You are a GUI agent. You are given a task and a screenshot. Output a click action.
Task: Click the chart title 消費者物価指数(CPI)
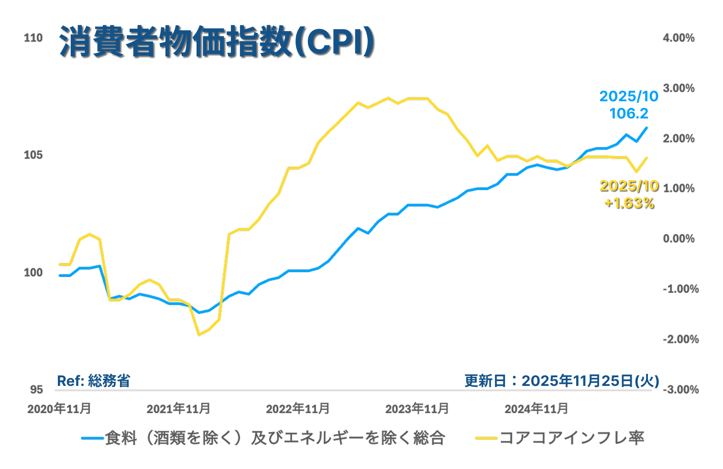tap(216, 42)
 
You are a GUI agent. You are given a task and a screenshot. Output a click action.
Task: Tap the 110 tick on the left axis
tap(33, 38)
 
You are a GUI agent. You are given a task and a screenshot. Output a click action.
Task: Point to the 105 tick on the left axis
tap(33, 155)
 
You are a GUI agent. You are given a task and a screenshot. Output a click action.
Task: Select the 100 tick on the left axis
tap(33, 272)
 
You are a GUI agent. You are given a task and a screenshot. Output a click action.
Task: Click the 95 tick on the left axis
tap(36, 390)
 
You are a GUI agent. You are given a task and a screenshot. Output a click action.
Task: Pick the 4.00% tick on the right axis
tap(679, 38)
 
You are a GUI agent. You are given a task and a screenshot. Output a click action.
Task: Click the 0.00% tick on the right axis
tap(679, 238)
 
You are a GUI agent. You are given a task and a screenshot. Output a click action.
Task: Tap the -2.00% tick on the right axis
tap(680, 339)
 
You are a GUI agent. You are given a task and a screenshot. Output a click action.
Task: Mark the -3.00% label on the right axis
tap(680, 389)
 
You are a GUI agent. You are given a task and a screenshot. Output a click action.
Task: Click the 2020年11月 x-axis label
tap(59, 409)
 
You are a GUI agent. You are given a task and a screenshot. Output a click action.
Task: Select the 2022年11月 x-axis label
tap(298, 409)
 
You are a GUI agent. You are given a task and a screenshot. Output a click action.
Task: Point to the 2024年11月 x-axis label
tap(537, 409)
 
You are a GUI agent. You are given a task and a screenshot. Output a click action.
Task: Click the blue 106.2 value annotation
tap(629, 114)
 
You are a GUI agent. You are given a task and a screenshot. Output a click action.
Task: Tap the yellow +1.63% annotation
tap(629, 203)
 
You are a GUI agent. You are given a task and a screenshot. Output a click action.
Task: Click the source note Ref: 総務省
tap(94, 381)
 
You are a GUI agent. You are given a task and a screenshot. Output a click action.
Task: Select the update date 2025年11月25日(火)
tap(562, 381)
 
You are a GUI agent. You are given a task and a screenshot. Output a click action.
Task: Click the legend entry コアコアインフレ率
tap(572, 437)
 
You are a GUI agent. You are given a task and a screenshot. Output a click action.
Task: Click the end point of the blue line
tap(647, 128)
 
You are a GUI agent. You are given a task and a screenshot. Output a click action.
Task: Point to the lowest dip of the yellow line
tap(199, 334)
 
